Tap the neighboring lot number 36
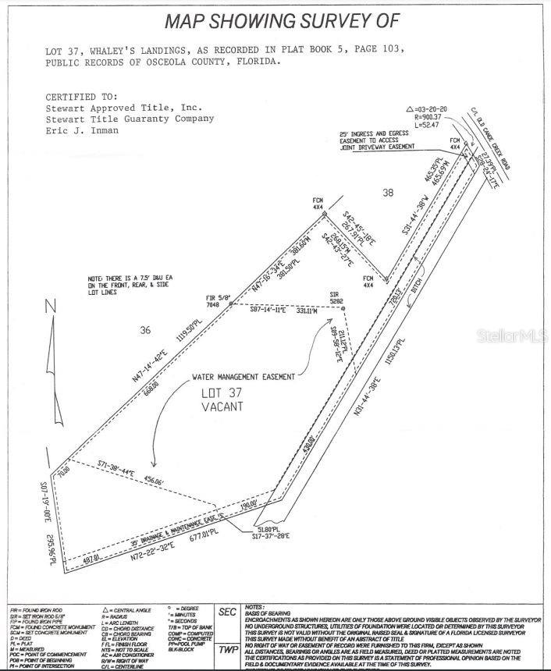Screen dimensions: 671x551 click(144, 330)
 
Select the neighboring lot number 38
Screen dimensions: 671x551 click(388, 191)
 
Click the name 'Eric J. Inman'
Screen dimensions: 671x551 click(83, 131)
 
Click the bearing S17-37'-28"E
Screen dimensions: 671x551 click(272, 535)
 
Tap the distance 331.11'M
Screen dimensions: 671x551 click(305, 311)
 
